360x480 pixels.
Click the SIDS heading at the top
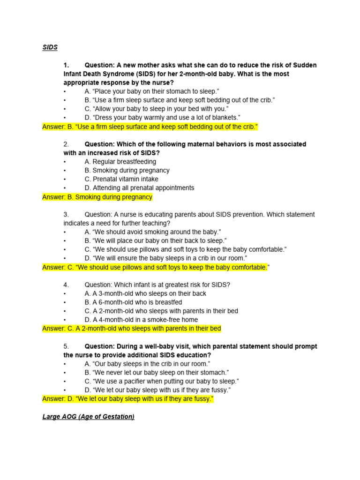pos(50,47)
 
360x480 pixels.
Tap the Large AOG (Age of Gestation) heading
pos(88,416)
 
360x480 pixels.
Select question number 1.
pos(67,65)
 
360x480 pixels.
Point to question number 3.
pos(67,214)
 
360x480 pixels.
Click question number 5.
pos(67,346)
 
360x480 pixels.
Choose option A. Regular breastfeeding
pos(120,162)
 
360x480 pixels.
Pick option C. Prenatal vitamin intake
pos(121,179)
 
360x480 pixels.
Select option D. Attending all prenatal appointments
pos(139,188)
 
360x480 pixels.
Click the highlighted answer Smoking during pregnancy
pos(97,197)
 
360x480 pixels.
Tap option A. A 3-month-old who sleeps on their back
pos(145,293)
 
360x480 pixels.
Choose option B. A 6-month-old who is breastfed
pos(133,302)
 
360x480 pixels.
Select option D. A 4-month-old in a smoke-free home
pos(141,320)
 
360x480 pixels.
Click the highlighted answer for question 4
pos(131,329)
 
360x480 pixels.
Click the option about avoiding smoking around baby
pos(153,232)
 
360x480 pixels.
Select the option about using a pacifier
pos(162,382)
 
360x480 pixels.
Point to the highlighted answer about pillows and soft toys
pos(156,267)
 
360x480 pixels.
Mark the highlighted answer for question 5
pos(127,399)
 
